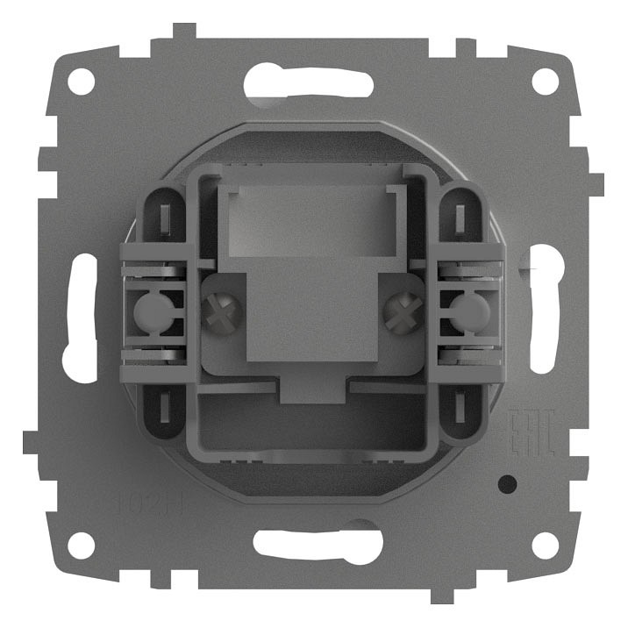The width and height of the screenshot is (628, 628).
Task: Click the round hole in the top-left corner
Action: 81,82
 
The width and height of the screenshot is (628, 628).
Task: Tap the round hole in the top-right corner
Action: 545,82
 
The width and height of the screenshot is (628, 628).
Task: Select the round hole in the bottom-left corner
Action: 81,545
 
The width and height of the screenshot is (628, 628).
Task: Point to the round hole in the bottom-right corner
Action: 545,545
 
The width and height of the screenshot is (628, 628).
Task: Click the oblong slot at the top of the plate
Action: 313,82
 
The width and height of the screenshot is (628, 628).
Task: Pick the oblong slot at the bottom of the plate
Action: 313,544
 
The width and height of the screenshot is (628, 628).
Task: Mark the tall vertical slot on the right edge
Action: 546,317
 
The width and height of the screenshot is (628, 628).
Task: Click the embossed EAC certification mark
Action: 532,434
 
